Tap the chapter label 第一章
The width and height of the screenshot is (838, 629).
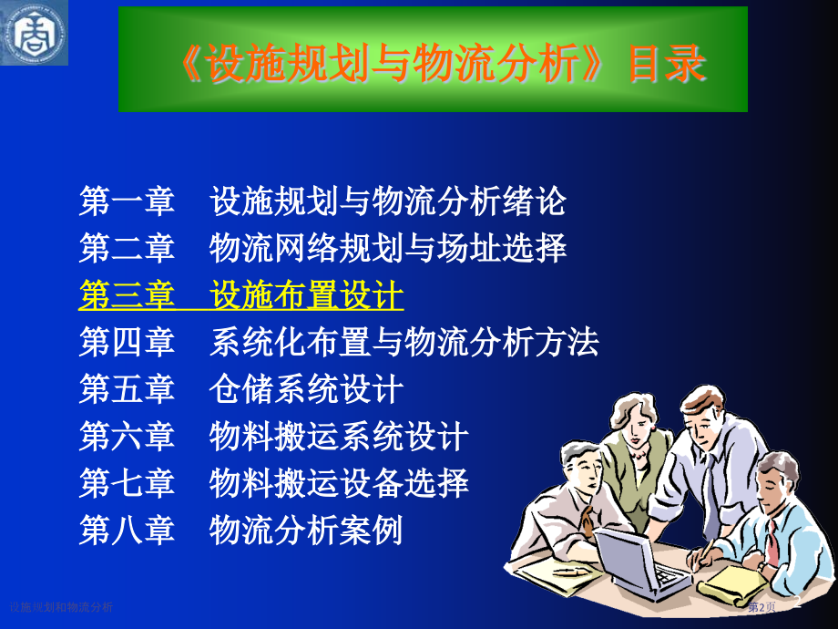tap(127, 201)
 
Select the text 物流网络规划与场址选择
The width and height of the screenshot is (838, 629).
tap(388, 248)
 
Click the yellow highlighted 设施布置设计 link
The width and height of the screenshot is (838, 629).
tap(306, 295)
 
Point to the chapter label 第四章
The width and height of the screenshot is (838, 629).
tap(127, 343)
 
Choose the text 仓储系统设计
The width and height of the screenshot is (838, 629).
tap(306, 390)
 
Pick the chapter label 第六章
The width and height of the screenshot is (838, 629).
tap(127, 437)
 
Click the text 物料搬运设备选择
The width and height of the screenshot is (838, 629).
tap(339, 483)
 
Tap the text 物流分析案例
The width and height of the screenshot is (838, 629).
tap(306, 531)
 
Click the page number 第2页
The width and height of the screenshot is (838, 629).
tap(761, 607)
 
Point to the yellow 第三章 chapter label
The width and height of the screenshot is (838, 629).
tap(127, 295)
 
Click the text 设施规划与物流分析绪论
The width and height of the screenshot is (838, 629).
tap(388, 201)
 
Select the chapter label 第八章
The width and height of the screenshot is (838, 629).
tap(127, 531)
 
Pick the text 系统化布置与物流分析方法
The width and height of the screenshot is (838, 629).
tap(404, 343)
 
